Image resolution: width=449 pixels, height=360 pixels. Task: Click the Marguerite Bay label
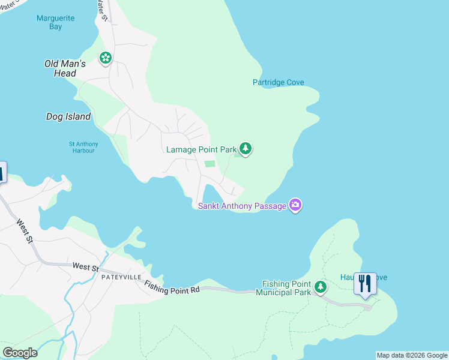pos(55,22)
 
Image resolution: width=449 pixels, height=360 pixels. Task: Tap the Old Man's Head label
pos(65,68)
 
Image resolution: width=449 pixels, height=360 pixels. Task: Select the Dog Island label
pos(68,117)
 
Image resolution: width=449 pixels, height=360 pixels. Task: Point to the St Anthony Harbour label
pos(83,147)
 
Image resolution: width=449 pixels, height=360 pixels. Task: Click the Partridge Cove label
pos(278,83)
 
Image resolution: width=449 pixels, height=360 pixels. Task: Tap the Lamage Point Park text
pos(201,149)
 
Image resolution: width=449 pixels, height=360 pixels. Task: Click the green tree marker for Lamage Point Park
pos(245,148)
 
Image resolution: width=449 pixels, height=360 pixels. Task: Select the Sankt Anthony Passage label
pos(243,206)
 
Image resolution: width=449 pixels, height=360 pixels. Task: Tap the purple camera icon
pos(295,205)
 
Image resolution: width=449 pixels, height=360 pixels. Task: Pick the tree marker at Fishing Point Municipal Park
pos(321,287)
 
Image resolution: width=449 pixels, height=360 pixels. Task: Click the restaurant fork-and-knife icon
pos(365,283)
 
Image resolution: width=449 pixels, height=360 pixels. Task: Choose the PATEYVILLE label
pos(121,277)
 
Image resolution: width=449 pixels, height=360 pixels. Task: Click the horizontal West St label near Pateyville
pos(85,266)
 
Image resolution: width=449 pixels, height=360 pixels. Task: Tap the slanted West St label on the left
pos(24,231)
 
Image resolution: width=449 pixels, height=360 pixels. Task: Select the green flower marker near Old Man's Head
pos(106,58)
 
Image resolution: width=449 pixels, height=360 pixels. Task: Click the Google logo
pos(20,353)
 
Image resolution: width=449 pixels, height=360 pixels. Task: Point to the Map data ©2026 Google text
pos(412,355)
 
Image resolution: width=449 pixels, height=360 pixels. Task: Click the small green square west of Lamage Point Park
pos(209,164)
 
